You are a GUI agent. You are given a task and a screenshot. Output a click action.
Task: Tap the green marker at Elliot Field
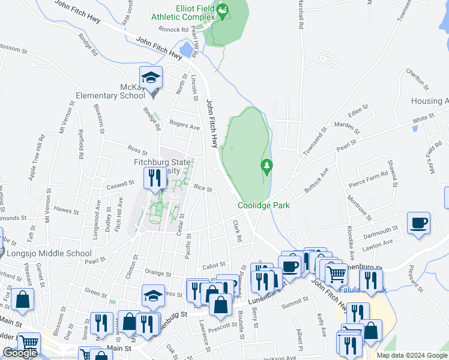(x=221, y=10)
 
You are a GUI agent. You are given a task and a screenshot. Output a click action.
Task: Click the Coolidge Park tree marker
(x=266, y=166)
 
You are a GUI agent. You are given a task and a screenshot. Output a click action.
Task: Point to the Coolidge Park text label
(x=264, y=205)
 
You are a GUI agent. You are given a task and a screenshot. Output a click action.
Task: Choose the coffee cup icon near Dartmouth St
(x=418, y=223)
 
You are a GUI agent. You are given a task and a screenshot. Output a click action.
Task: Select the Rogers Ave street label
(x=184, y=127)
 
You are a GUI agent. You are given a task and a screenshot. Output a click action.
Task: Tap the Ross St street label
(x=137, y=148)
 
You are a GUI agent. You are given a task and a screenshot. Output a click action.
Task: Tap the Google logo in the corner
(x=20, y=353)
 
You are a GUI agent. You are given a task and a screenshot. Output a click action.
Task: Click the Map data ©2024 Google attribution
(x=412, y=355)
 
